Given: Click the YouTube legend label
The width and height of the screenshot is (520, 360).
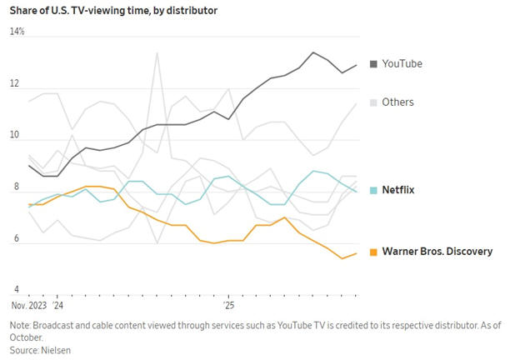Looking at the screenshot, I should point(402,64).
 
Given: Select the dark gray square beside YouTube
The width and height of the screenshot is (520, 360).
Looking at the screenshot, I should point(373,64).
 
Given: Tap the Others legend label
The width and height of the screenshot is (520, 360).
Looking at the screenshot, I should point(397,102).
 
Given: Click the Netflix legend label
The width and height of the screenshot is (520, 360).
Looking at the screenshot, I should point(398,190).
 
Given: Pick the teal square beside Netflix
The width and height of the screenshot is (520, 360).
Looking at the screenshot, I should point(373,190).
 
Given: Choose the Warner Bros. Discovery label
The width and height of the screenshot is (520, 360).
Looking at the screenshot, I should point(437,251).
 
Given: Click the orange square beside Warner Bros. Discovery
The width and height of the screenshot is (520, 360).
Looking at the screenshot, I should point(373,251).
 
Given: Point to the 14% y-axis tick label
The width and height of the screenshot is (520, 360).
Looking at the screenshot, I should point(17,32).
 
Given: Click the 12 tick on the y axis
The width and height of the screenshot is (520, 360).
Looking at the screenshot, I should point(14,84).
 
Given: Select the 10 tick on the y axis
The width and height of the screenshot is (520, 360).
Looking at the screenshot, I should point(14,137).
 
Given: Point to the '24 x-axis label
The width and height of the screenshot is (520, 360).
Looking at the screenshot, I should point(57,306).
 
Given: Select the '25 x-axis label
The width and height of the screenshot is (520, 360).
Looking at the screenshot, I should point(228,306).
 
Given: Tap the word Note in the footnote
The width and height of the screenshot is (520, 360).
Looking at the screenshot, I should point(20,325).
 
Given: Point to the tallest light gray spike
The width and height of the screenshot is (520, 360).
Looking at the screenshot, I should point(157,53).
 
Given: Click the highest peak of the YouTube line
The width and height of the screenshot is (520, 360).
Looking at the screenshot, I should point(313,52).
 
